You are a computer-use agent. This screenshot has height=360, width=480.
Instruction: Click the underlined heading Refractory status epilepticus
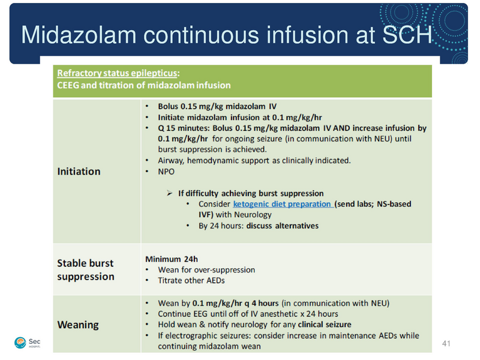pyautogui.click(x=117, y=73)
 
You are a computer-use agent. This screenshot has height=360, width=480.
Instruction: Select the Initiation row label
pyautogui.click(x=79, y=171)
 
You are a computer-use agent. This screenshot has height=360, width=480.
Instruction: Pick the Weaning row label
pyautogui.click(x=78, y=325)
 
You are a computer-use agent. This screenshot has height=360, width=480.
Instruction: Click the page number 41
pyautogui.click(x=446, y=343)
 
